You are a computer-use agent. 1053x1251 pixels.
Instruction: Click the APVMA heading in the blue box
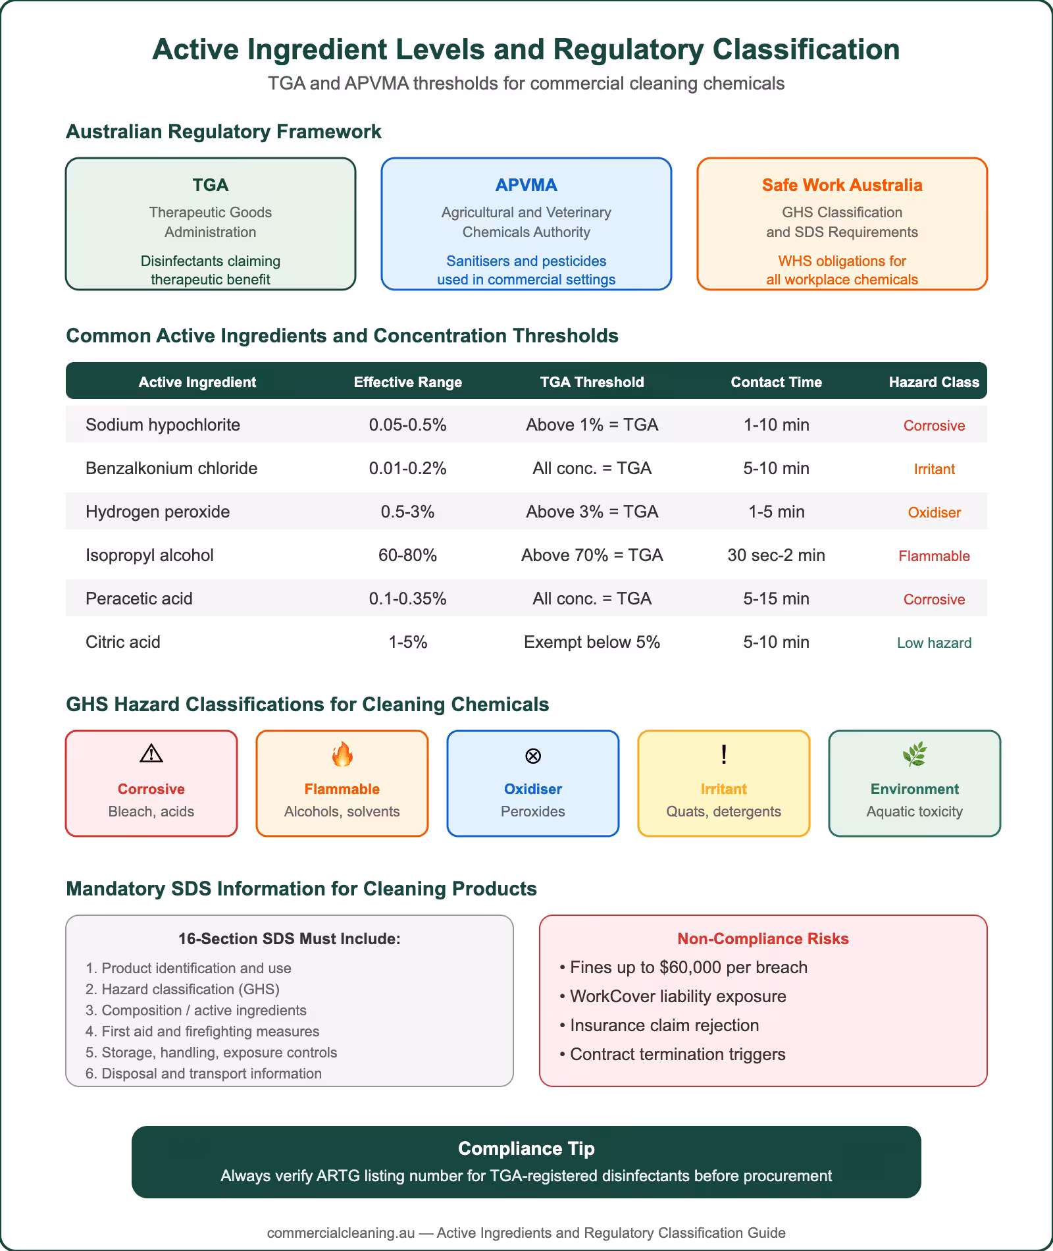click(526, 185)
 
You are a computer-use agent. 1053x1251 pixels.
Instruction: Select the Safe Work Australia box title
click(842, 185)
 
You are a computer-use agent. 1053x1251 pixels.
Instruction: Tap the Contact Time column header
click(776, 382)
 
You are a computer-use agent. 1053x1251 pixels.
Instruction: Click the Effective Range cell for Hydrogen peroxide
click(407, 512)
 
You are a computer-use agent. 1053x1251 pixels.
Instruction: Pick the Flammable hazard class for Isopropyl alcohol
click(934, 556)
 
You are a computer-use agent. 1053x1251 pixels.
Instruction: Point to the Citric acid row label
click(123, 642)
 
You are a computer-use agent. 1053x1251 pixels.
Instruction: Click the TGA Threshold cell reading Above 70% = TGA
click(592, 555)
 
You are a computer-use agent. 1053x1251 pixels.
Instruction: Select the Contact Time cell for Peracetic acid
click(776, 599)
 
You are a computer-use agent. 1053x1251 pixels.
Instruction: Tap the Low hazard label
click(934, 643)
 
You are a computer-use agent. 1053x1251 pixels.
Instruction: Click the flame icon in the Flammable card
click(342, 755)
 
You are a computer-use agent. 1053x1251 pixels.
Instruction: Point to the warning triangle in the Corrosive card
click(151, 753)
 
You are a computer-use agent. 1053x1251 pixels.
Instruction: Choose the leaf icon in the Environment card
click(915, 755)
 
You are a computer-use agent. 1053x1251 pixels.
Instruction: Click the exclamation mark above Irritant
click(724, 754)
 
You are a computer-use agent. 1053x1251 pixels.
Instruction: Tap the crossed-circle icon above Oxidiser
click(533, 755)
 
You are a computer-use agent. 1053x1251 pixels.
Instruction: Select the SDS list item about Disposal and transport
click(203, 1073)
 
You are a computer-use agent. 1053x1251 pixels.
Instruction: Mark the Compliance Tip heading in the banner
click(526, 1148)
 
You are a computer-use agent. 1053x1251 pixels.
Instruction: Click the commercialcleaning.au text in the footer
click(341, 1233)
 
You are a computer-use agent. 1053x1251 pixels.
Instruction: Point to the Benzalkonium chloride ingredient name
click(171, 468)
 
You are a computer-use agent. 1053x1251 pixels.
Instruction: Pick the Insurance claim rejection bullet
click(664, 1025)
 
